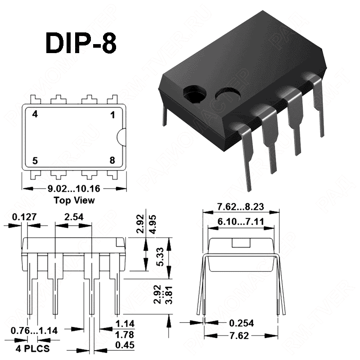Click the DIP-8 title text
(x=81, y=43)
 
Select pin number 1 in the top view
(x=112, y=115)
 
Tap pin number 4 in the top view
(x=35, y=114)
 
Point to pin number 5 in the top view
(x=35, y=161)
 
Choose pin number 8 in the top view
(x=112, y=161)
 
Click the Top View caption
(x=74, y=200)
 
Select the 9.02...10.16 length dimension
(x=74, y=190)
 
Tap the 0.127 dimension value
(x=24, y=217)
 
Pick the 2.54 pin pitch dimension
(x=74, y=217)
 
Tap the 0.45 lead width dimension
(x=124, y=346)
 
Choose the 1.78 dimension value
(x=124, y=335)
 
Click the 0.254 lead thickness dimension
(x=241, y=323)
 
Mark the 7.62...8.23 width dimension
(x=240, y=207)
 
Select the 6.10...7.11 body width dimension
(x=240, y=222)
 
